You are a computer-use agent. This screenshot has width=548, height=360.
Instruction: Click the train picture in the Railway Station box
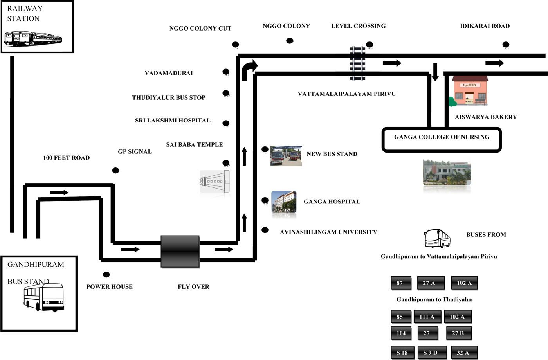33,40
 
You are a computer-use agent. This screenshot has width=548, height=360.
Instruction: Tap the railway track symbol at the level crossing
357,63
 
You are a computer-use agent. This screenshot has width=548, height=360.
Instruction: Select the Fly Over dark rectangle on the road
180,252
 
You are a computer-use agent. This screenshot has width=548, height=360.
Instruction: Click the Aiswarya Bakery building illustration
470,91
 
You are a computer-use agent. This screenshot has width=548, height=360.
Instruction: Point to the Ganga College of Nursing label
442,137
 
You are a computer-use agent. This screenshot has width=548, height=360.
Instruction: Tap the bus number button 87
400,283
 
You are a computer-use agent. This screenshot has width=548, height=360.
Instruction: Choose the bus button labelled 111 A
427,317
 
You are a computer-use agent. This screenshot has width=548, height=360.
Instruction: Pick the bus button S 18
402,353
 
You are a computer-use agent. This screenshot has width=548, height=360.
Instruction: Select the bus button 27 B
458,333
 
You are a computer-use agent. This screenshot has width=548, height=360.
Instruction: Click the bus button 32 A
463,353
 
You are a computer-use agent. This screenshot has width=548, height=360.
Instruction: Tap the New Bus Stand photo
286,156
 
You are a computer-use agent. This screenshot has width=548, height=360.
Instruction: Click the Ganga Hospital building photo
284,202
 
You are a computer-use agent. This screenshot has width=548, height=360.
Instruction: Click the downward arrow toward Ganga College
435,72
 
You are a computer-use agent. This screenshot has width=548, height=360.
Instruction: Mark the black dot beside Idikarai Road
506,45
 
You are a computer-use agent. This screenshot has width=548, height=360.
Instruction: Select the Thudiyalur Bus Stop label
169,98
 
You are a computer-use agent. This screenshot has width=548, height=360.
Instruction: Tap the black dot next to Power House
106,275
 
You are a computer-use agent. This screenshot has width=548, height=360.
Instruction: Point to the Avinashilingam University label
328,232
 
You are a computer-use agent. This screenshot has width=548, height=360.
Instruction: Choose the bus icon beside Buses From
437,238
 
